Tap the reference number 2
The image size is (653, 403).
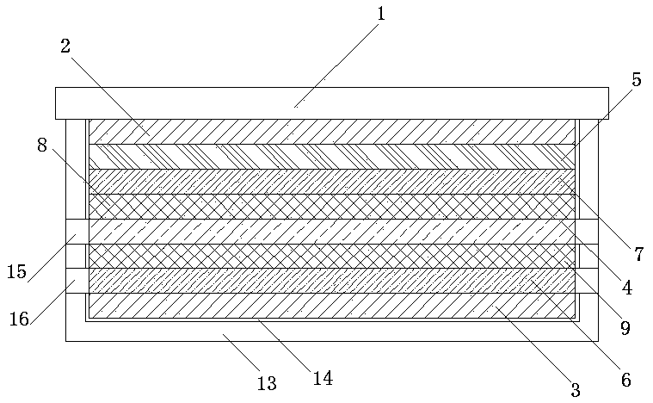pos(65,46)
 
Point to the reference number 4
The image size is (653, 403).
pos(627,288)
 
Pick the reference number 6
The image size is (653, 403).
pos(625,379)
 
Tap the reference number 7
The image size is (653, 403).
pos(638,254)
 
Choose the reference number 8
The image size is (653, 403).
pos(42,145)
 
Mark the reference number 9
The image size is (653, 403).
pos(625,327)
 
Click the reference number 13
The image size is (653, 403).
pos(267,383)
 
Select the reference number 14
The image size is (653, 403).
pos(323,377)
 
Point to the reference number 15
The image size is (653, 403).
pos(16,272)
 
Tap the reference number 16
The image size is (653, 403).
pos(18,319)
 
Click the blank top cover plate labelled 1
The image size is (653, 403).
pos(331,102)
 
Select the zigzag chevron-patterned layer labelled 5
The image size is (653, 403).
pos(331,157)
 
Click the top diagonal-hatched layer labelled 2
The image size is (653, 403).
pos(331,132)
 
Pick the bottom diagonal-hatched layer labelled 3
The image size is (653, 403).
pos(331,306)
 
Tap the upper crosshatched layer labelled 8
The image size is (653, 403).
pos(331,207)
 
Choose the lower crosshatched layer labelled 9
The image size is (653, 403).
pos(331,256)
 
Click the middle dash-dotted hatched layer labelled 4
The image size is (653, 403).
pos(331,232)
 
